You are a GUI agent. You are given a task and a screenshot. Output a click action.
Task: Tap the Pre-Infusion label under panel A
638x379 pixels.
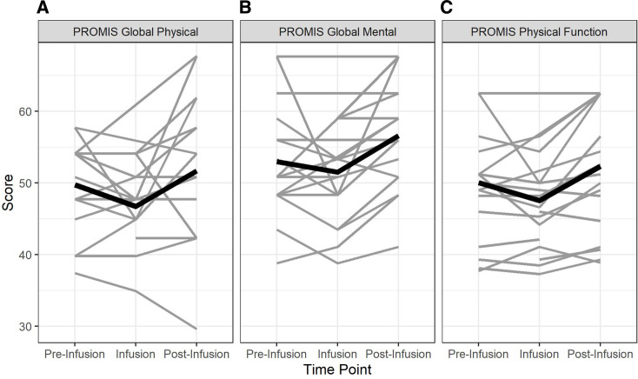point(74,354)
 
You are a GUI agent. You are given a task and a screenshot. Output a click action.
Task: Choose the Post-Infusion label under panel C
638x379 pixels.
point(601,354)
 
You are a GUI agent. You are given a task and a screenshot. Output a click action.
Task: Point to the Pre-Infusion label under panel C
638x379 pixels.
point(478,354)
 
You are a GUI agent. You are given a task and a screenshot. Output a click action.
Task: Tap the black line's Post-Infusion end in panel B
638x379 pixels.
point(399,136)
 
